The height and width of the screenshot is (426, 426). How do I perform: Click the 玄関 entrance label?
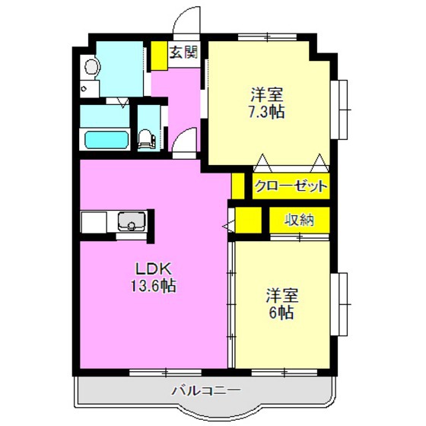[x=183, y=52]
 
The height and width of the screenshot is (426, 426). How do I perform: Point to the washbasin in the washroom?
[x=91, y=68]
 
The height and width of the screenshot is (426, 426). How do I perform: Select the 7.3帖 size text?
[x=267, y=112]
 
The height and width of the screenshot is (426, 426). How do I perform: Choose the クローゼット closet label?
[x=291, y=186]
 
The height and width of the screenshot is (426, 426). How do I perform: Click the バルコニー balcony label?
[x=205, y=391]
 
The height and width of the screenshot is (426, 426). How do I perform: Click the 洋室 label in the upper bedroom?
[x=267, y=95]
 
